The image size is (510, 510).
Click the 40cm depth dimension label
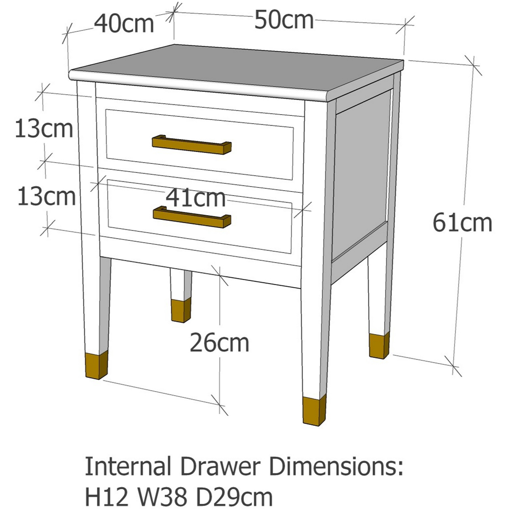(124, 24)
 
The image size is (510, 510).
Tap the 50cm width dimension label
(284, 20)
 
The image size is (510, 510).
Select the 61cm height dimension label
(463, 223)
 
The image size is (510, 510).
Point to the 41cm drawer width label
(196, 198)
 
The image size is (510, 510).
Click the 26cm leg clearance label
(219, 343)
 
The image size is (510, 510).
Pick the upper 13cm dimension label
(44, 129)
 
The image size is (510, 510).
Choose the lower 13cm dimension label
(46, 196)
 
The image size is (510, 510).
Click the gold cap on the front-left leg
(96, 366)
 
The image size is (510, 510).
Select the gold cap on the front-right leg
(314, 411)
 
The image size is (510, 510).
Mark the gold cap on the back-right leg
(378, 345)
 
